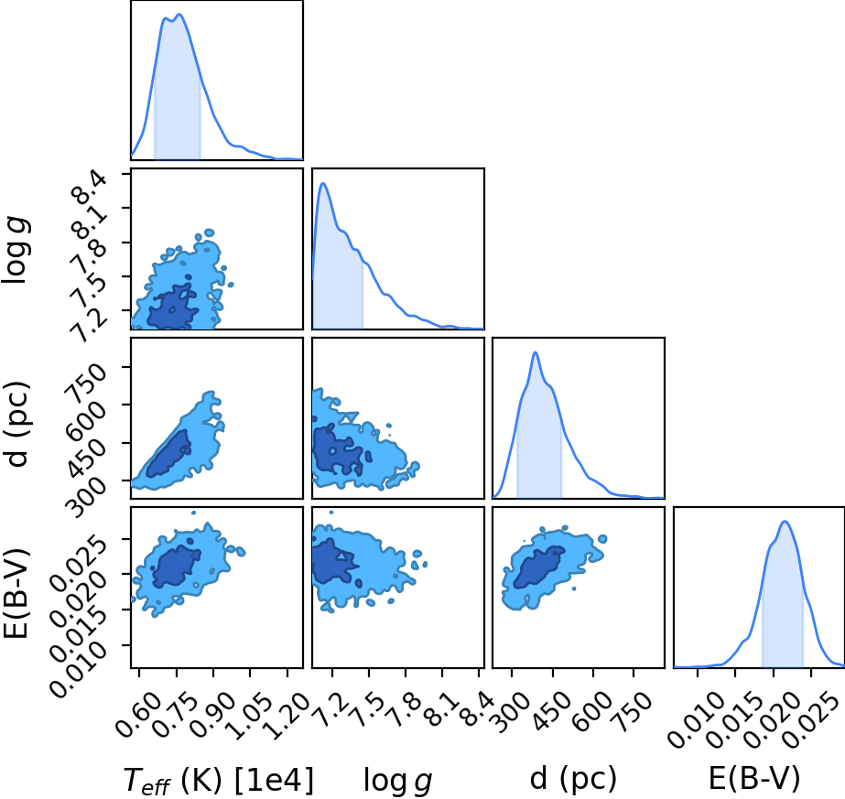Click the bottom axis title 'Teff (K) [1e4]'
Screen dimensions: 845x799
(219, 780)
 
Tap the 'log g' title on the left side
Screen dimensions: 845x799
(16, 250)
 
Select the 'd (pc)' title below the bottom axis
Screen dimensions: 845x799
(573, 780)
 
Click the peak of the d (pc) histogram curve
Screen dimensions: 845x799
(536, 352)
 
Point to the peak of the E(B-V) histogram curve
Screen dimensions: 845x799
(785, 522)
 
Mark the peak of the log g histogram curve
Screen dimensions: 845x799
(323, 183)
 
